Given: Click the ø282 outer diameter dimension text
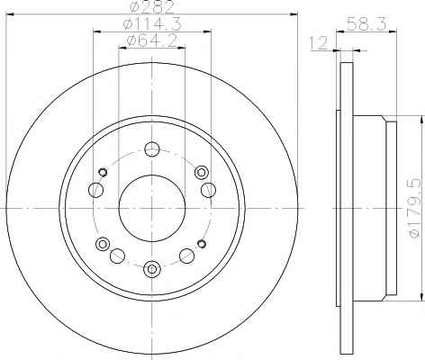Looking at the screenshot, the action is [152, 6].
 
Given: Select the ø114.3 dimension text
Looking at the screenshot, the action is [152, 24].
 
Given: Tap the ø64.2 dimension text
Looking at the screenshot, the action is [152, 40].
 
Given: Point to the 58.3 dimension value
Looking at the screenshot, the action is [366, 23].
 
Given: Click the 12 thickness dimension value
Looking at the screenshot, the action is [318, 43].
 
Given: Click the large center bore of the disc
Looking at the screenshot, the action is [152, 208].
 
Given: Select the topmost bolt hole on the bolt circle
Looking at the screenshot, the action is [152, 149].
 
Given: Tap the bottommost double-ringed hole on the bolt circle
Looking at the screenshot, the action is [152, 269].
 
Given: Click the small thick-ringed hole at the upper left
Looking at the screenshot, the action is [103, 172].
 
